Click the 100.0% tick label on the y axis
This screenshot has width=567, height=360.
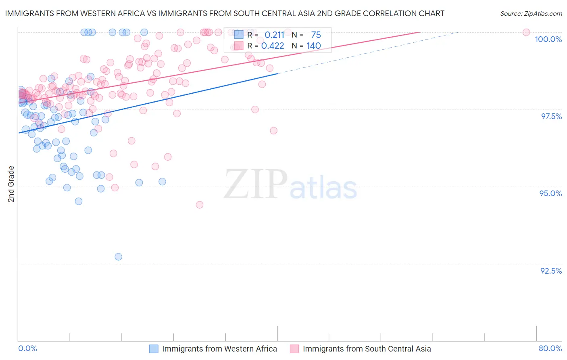pyautogui.click(x=548, y=39)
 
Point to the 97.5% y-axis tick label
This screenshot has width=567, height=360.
pyautogui.click(x=551, y=116)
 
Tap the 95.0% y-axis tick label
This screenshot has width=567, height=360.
pyautogui.click(x=550, y=193)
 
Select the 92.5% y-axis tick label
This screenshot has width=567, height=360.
pyautogui.click(x=551, y=271)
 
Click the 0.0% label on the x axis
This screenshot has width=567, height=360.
pyautogui.click(x=27, y=349)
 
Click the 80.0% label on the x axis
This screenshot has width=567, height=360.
pyautogui.click(x=550, y=349)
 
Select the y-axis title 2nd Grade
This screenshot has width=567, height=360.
pyautogui.click(x=11, y=184)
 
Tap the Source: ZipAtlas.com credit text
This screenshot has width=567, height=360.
pyautogui.click(x=531, y=14)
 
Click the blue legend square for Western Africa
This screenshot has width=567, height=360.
pyautogui.click(x=154, y=349)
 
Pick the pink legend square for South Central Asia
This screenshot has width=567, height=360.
pyautogui.click(x=294, y=349)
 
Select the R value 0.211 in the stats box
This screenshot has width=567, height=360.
pyautogui.click(x=274, y=35)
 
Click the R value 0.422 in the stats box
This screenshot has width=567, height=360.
pyautogui.click(x=273, y=46)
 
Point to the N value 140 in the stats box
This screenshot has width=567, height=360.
pyautogui.click(x=313, y=46)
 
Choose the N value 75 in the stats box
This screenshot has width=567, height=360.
pyautogui.click(x=316, y=35)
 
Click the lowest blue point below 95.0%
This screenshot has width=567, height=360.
pyautogui.click(x=118, y=257)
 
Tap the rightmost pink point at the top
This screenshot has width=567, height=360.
pyautogui.click(x=526, y=32)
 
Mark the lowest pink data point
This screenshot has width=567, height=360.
pyautogui.click(x=199, y=205)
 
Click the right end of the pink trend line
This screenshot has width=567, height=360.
pyautogui.click(x=419, y=32)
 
